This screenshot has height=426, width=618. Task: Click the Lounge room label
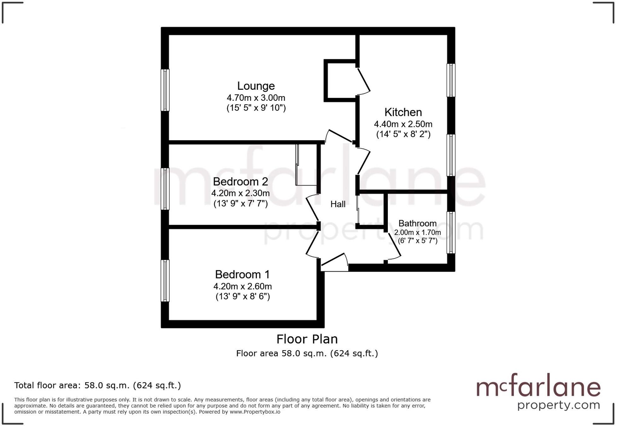[x=256, y=86]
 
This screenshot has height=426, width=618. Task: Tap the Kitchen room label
[x=403, y=112]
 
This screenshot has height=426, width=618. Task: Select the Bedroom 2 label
[x=240, y=182]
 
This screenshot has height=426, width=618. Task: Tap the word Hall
[x=338, y=204]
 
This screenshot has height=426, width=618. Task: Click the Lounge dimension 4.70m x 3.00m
[x=256, y=98]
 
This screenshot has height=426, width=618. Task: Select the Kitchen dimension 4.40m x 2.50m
[x=403, y=124]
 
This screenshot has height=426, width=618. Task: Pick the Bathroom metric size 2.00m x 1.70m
[x=417, y=233]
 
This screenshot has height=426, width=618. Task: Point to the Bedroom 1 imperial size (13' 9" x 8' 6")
[x=242, y=296]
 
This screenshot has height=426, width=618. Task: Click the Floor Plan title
[x=307, y=339]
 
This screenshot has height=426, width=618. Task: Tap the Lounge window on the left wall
[x=165, y=90]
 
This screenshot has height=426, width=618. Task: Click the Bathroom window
[x=451, y=233]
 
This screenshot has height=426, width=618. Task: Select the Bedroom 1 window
[x=165, y=280]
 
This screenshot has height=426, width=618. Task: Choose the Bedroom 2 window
[x=165, y=188]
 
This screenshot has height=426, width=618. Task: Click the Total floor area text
[x=97, y=385]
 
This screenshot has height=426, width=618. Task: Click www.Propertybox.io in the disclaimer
[x=255, y=412]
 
